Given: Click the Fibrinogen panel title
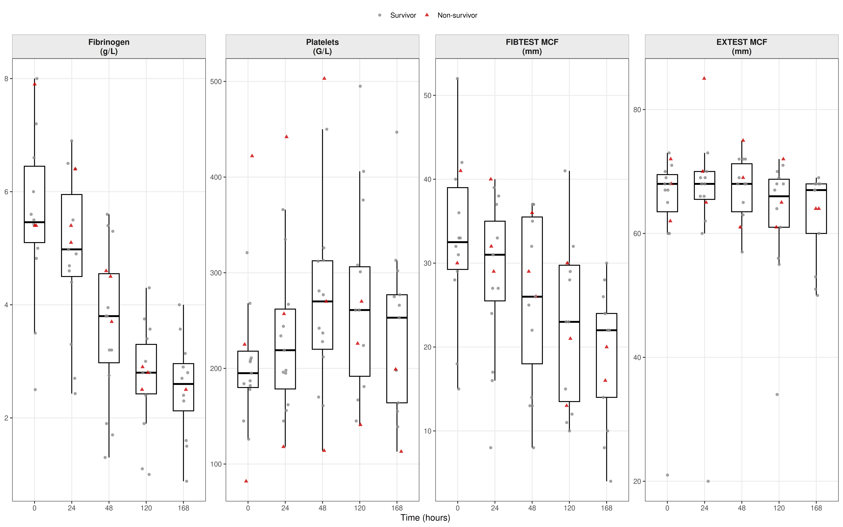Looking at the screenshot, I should pos(109,46).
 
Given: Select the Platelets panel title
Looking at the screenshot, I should pos(322,46).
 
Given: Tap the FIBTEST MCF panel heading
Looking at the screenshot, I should pos(532,46).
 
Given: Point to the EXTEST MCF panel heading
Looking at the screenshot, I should pos(742,46).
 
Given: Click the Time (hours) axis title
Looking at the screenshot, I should pos(425,518).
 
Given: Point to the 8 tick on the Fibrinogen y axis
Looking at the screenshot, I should pos(6,79).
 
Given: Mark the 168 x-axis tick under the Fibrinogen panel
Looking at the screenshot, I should pos(183,508).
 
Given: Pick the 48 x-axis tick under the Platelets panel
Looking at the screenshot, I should pos(322,508).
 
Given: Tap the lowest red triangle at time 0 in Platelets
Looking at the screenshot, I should pos(246,481).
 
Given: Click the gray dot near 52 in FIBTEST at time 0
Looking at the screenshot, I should pos(457,79).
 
